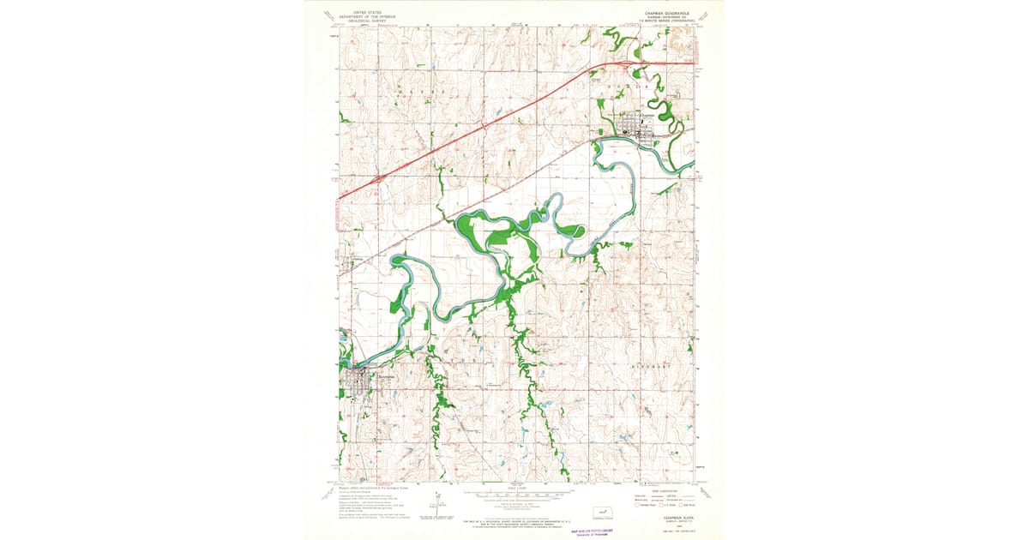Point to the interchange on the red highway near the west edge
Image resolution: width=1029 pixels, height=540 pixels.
(377, 180)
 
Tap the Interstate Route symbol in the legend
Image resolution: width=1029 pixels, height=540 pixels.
(638, 505)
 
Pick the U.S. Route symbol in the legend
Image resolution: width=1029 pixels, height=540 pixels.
(662, 505)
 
